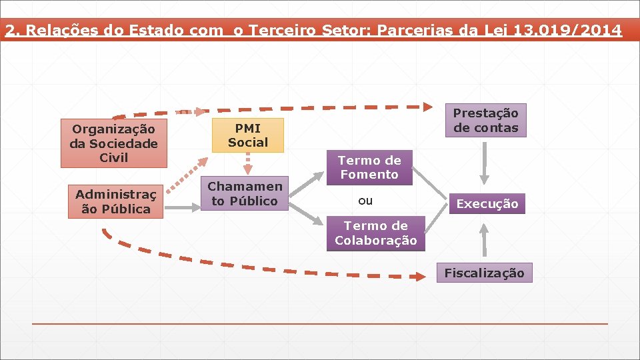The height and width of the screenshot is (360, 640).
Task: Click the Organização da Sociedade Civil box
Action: [x=113, y=143]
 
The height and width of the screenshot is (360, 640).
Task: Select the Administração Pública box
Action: [x=113, y=201]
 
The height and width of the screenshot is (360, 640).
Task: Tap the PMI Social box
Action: [x=247, y=135]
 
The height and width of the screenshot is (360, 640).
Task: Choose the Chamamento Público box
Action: [x=245, y=194]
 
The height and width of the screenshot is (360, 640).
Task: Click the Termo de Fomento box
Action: [x=369, y=167]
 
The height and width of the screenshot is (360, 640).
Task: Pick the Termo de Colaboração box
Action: [x=376, y=233]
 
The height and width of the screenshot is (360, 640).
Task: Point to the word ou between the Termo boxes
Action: [x=365, y=201]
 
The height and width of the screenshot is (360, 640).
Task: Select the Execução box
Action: [x=487, y=204]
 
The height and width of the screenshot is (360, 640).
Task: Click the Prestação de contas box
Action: [x=486, y=121]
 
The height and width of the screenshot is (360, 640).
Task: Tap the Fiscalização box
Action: [x=485, y=273]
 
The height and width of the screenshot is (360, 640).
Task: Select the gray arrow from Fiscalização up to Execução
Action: [x=485, y=239]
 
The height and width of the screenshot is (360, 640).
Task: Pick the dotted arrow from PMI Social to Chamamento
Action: [x=247, y=165]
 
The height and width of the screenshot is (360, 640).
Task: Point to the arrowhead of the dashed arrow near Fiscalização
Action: [x=417, y=276]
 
